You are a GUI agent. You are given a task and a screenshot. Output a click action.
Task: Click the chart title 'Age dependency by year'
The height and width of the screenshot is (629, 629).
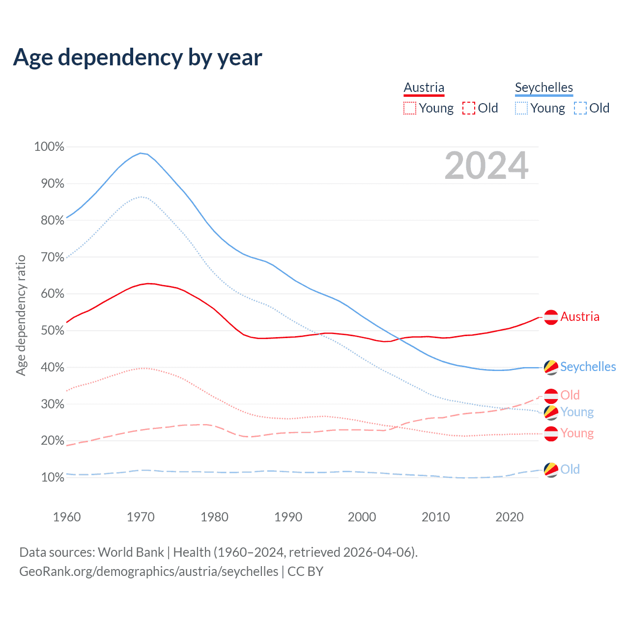138,57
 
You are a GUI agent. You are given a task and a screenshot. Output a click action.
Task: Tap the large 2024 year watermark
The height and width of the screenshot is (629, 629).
486,166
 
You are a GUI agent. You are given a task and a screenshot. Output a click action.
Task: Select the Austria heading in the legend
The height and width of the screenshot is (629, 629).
424,87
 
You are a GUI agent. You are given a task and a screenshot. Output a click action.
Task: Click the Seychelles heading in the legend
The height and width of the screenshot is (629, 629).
543,87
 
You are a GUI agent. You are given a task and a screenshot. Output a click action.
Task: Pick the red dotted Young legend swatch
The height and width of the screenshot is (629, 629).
409,108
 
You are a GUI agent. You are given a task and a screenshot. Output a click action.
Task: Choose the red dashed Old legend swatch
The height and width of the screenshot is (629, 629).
468,108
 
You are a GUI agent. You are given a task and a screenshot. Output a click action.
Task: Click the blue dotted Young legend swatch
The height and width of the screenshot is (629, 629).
521,108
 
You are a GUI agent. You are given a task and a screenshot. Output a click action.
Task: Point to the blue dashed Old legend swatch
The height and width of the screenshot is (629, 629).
580,108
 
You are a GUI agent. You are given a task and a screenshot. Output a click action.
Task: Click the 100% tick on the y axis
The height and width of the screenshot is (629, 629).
49,147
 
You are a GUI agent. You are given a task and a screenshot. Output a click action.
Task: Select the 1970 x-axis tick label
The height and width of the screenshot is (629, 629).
141,517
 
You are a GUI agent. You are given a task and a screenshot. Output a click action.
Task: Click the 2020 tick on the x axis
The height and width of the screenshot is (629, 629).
509,517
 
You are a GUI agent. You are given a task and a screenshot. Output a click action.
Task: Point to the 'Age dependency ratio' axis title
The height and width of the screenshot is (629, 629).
21,315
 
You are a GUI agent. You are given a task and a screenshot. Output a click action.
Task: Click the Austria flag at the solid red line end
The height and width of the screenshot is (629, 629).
551,317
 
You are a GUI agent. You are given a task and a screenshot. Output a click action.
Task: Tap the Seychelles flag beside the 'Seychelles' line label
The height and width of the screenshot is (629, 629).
551,367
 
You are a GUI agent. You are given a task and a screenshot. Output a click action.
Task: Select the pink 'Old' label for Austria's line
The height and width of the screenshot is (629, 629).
570,395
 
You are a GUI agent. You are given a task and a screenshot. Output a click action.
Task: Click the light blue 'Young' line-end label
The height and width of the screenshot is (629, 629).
577,412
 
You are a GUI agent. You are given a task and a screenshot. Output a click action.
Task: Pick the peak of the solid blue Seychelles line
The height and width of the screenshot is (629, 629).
141,153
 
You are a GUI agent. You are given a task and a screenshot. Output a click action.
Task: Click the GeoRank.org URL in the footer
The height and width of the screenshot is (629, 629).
148,572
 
